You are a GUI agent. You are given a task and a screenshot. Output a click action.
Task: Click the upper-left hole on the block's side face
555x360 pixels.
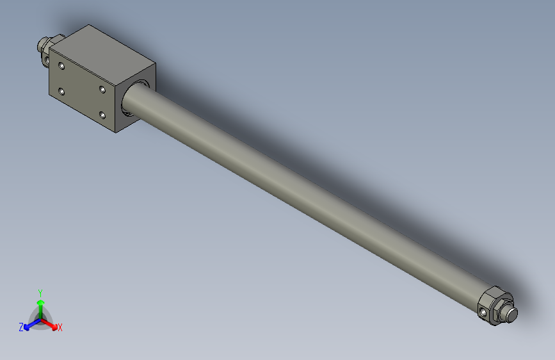[61, 65]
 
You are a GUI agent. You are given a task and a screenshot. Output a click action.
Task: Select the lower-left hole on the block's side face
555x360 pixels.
[61, 92]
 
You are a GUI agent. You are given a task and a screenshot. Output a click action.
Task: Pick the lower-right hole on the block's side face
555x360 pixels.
[102, 115]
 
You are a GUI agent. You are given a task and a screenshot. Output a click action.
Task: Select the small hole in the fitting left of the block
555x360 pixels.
[46, 60]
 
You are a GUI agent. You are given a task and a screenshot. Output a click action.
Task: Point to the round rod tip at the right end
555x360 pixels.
[511, 314]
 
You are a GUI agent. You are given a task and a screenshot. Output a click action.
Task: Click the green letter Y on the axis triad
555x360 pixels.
[40, 291]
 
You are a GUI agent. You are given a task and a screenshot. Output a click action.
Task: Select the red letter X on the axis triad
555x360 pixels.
[60, 328]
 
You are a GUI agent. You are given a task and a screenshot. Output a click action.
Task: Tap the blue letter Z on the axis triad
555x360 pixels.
[21, 327]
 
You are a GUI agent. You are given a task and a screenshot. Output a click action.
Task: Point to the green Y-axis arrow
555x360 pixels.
[40, 304]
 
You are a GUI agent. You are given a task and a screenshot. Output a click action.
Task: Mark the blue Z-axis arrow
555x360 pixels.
[29, 324]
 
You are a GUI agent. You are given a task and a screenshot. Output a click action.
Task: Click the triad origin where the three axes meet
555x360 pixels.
[40, 318]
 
